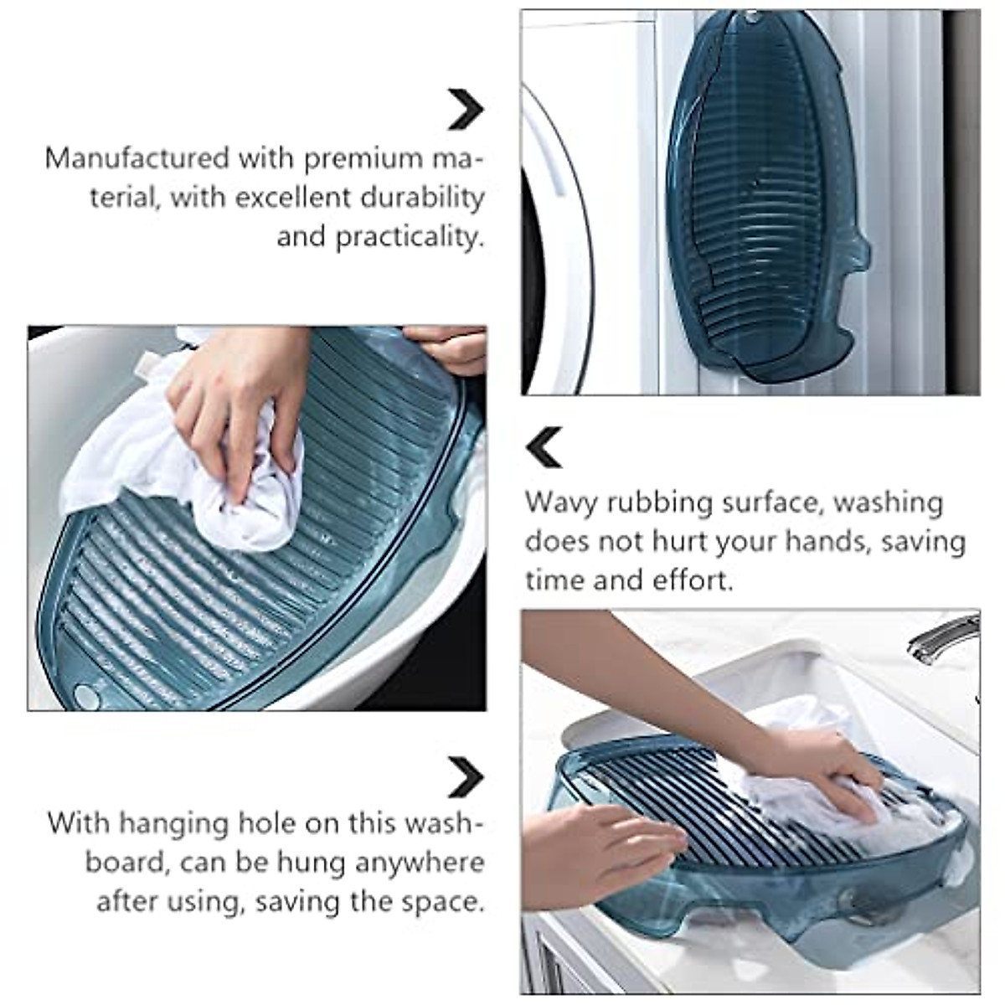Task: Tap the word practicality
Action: [x=410, y=237]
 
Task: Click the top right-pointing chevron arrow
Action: [x=465, y=109]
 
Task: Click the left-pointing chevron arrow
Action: [x=544, y=447]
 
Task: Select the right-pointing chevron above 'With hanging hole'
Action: [x=465, y=777]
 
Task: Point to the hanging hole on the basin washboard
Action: [x=85, y=694]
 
